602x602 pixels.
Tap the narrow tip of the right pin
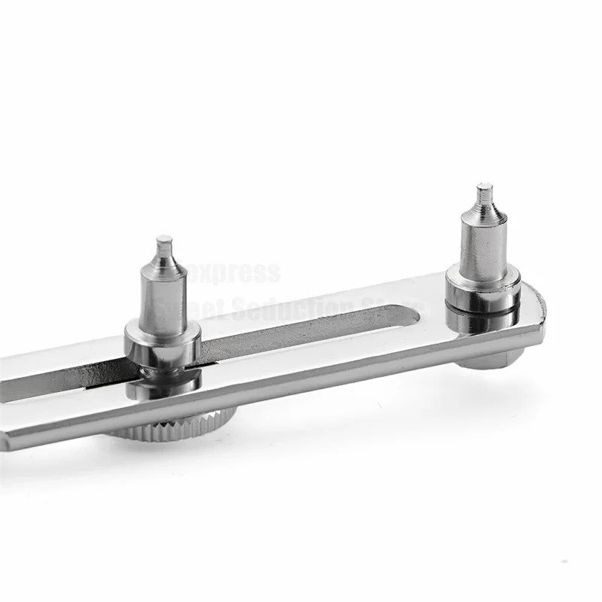484,193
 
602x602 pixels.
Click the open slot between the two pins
301,331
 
